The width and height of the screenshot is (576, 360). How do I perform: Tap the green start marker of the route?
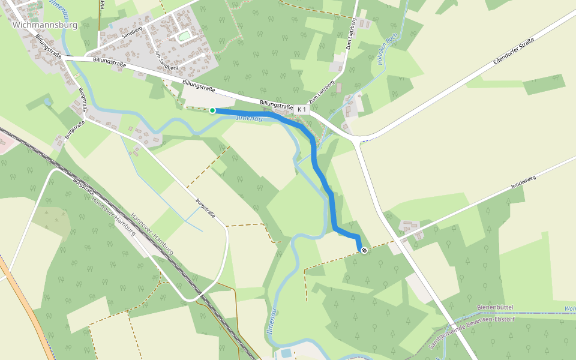212,110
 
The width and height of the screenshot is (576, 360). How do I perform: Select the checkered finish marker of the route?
364,250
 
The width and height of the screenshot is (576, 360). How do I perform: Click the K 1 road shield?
301,110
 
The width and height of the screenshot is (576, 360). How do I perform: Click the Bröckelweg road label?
523,191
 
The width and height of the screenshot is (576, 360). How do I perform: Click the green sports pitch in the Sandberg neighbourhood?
184,37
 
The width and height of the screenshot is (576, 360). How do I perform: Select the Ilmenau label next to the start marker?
248,118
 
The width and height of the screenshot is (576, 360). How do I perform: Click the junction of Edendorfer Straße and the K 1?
358,141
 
